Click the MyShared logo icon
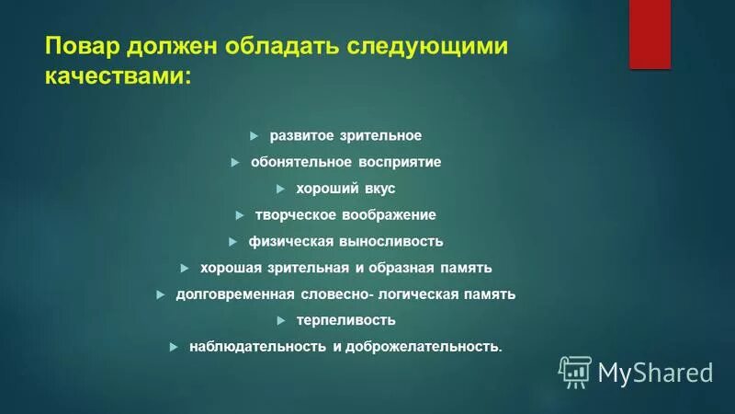575,371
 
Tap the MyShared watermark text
655,372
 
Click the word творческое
300,215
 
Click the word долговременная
237,294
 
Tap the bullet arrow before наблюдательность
174,347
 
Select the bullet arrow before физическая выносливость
232,242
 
